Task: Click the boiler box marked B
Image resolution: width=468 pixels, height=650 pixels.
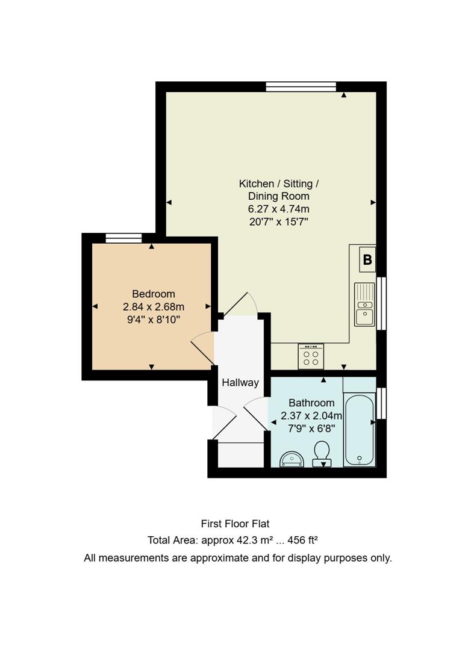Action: pyautogui.click(x=367, y=260)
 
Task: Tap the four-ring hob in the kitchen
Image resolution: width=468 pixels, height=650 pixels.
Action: pyautogui.click(x=311, y=357)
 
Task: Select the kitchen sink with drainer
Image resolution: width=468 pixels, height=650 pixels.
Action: pyautogui.click(x=364, y=305)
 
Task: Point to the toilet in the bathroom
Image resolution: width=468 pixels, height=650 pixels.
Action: pyautogui.click(x=322, y=453)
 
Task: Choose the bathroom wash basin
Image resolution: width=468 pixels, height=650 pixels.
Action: pyautogui.click(x=292, y=459)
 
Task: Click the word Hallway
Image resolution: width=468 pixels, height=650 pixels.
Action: pyautogui.click(x=240, y=382)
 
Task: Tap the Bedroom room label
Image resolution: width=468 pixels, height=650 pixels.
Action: pyautogui.click(x=154, y=294)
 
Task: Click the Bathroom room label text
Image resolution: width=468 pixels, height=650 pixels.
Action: pyautogui.click(x=311, y=403)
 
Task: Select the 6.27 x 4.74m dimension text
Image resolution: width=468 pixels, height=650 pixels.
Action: pyautogui.click(x=278, y=209)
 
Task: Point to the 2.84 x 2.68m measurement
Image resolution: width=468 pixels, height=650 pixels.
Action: pyautogui.click(x=154, y=306)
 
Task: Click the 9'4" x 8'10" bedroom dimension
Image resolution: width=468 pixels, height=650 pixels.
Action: pyautogui.click(x=154, y=319)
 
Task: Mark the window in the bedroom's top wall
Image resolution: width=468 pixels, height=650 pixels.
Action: pyautogui.click(x=123, y=238)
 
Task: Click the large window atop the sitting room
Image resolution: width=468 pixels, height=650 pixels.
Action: pyautogui.click(x=301, y=87)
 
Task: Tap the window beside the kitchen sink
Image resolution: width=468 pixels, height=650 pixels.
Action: pyautogui.click(x=381, y=303)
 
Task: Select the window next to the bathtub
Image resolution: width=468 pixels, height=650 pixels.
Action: pyautogui.click(x=381, y=403)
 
